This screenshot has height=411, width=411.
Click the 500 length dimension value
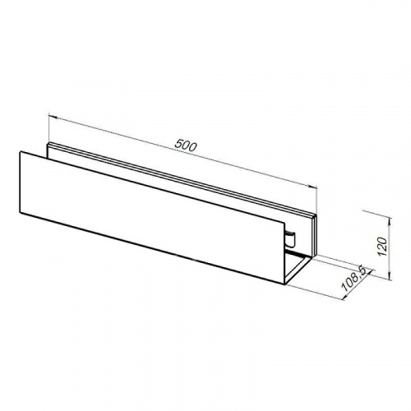(186, 145)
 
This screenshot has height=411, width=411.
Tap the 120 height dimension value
(382, 247)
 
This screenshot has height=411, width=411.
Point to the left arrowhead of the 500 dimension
(52, 117)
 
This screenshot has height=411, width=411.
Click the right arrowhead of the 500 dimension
(312, 187)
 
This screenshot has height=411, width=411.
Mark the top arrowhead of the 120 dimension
(390, 219)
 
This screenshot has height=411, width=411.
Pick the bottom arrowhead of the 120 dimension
(390, 276)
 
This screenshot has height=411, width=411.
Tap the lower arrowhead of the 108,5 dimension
(345, 296)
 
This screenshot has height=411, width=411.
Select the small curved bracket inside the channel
(291, 238)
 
